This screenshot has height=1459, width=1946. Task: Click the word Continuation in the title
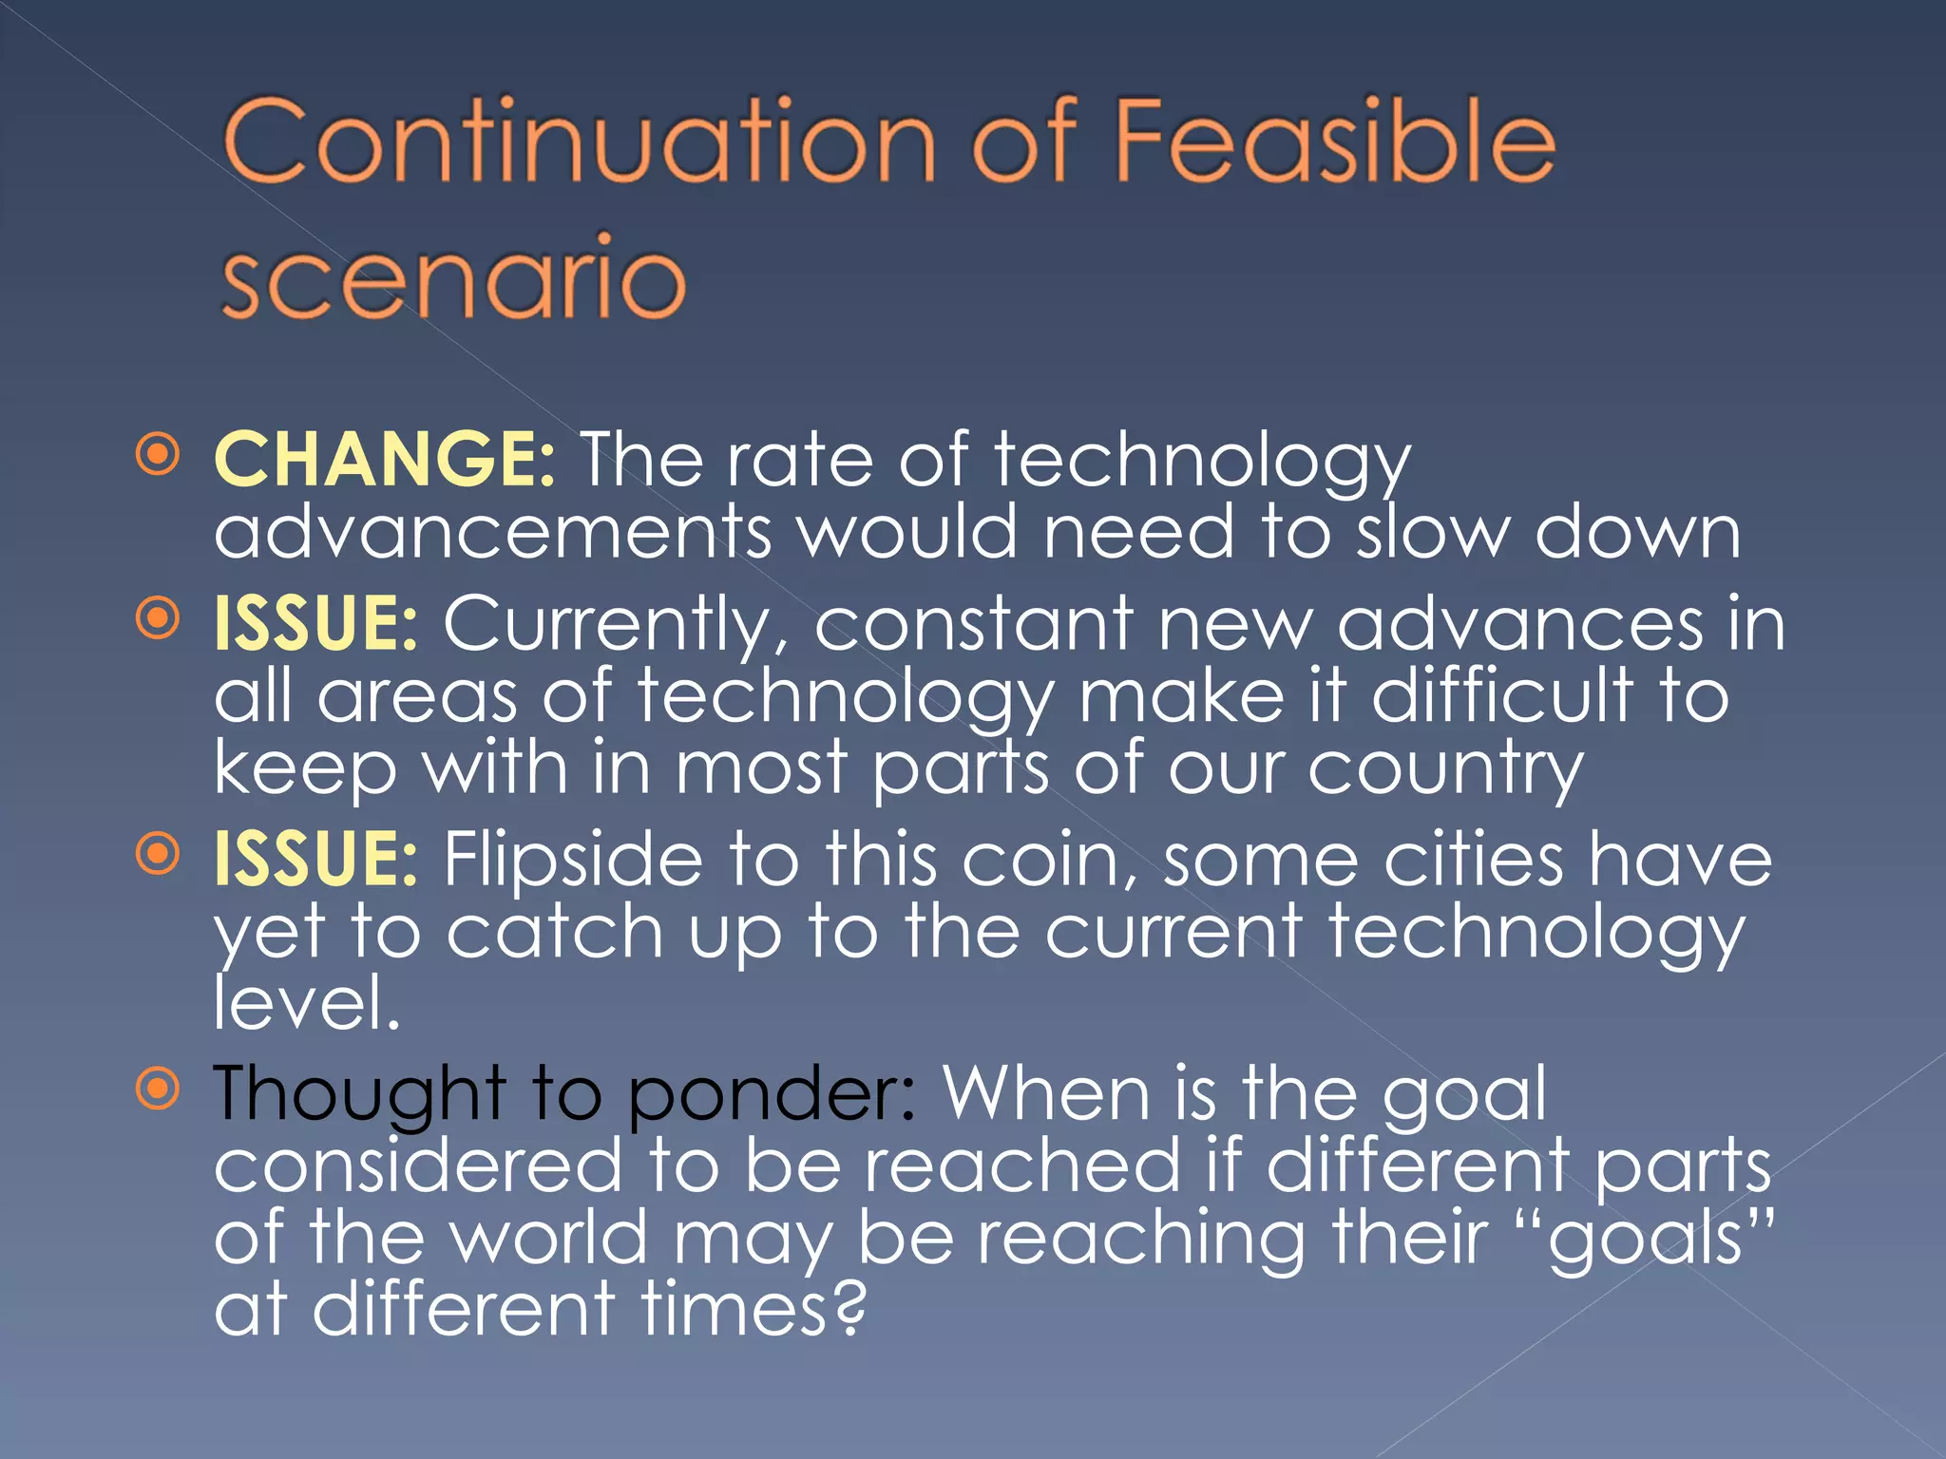(580, 142)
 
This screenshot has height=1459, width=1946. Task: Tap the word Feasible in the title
(1334, 142)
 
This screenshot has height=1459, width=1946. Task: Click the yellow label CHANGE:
(384, 460)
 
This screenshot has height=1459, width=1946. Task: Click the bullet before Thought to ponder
(158, 1088)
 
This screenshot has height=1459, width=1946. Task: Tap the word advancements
(492, 532)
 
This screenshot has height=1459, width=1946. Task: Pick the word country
(1445, 767)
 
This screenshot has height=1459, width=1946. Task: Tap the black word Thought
(359, 1095)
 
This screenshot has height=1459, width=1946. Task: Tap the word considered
(418, 1166)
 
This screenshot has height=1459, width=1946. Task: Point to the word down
(1638, 532)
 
